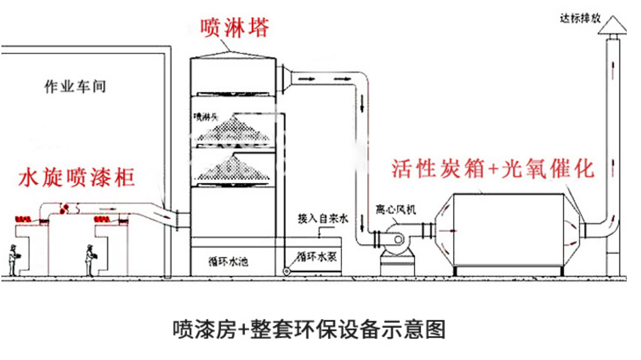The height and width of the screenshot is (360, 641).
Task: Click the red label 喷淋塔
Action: coord(234,27)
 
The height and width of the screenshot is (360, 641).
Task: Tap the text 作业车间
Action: coord(75,87)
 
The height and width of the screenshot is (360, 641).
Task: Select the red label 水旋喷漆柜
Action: coord(77,177)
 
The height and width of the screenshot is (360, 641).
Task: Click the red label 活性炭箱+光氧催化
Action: coord(492,168)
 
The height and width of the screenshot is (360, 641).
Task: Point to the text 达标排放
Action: coord(580,18)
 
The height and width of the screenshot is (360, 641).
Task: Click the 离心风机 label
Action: coord(395,210)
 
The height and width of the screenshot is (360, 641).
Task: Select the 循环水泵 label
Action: coord(317,256)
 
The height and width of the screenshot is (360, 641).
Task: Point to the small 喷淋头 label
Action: coord(206,117)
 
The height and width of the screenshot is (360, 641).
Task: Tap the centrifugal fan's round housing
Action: coord(393,236)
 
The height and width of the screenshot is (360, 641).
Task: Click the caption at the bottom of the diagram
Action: coord(309,329)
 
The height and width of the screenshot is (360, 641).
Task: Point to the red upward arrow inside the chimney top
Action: coord(613,69)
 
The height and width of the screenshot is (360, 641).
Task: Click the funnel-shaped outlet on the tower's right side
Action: coord(284,78)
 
